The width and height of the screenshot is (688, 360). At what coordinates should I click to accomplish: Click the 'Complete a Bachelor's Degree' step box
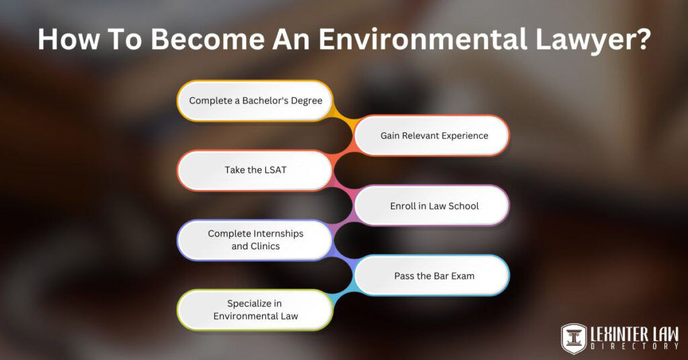255,101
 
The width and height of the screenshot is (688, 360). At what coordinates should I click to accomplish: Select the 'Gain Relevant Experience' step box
432,136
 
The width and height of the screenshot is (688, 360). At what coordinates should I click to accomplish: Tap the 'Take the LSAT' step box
255,171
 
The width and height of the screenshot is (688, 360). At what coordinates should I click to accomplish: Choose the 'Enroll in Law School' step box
432,206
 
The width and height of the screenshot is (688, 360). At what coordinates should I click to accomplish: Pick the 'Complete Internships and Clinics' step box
255,240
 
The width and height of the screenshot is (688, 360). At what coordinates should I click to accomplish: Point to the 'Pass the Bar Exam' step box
432,275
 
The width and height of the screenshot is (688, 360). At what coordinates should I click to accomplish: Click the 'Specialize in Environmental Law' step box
255,310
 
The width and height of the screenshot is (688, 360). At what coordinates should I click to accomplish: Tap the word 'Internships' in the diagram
276,234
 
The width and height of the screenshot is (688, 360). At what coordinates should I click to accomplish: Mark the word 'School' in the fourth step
464,206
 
